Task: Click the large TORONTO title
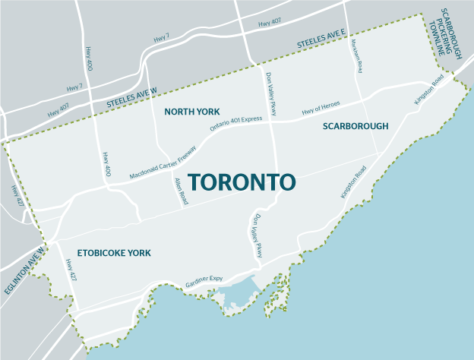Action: click(x=241, y=182)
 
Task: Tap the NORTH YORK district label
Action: click(x=192, y=112)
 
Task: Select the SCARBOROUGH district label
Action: click(x=355, y=125)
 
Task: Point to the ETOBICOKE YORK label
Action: click(x=114, y=253)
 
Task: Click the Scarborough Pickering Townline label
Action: click(x=453, y=33)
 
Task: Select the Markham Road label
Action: click(x=358, y=56)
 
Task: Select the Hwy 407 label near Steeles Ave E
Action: click(x=270, y=24)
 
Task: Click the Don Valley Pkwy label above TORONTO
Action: click(x=270, y=94)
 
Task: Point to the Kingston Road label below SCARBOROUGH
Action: click(x=354, y=182)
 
